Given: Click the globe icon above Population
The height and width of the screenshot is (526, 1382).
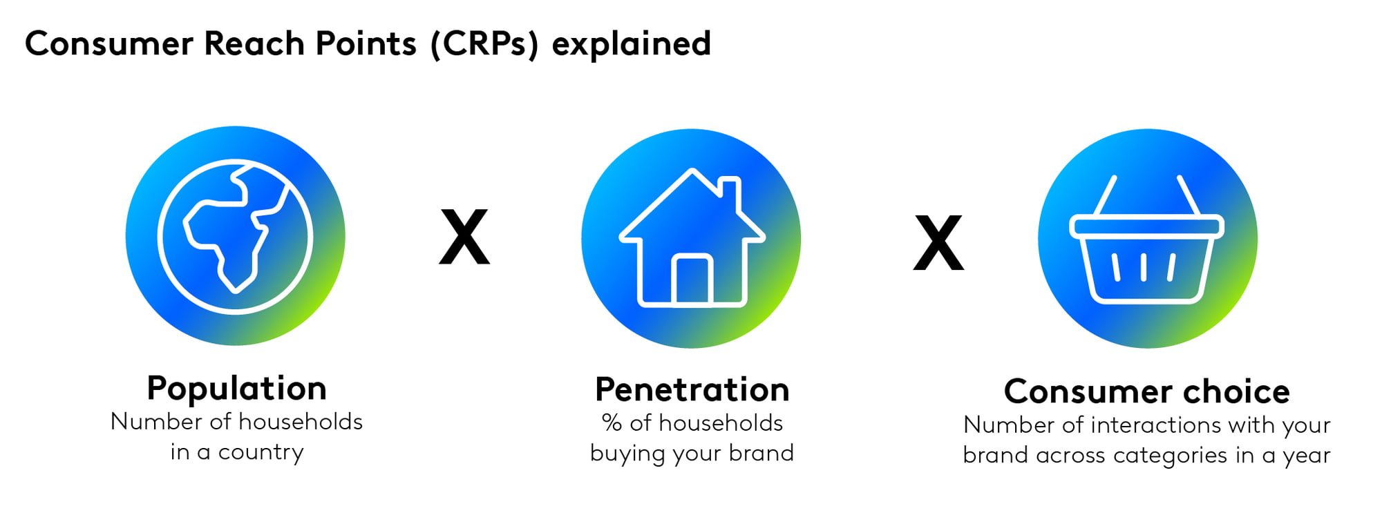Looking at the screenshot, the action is coord(235,236).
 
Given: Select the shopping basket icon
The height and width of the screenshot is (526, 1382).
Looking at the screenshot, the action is coord(1147,239).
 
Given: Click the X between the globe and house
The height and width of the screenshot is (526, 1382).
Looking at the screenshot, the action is coord(464,237).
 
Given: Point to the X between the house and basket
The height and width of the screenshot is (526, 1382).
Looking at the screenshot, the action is coord(938,242).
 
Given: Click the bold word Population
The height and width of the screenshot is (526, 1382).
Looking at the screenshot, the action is coord(236,388).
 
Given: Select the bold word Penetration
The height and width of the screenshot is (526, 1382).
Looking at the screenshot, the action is coord(692,389).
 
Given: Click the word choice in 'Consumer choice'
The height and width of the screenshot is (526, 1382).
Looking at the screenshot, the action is coord(1236,391).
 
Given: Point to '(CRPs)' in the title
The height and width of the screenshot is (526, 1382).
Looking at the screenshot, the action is coord(484,43).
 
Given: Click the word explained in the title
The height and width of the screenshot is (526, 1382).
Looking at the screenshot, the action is coord(632,44).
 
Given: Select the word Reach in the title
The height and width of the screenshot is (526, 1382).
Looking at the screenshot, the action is coord(254,43).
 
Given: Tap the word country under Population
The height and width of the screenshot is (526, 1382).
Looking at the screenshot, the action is coord(261,452).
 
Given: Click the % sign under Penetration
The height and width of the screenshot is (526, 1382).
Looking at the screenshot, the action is coord(612,422).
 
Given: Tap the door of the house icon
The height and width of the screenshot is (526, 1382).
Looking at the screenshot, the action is coord(692,280).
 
